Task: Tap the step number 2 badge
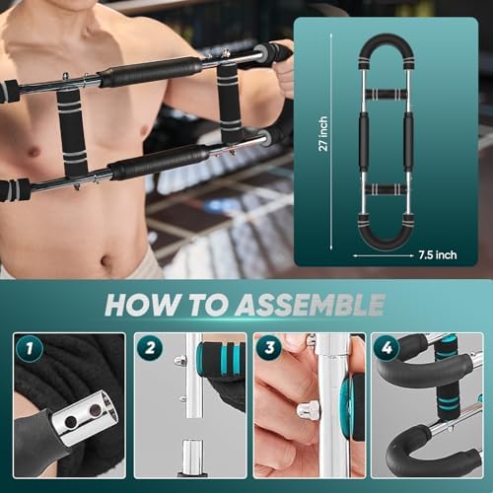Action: pos(151,349)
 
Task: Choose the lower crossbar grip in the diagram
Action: pos(385,188)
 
